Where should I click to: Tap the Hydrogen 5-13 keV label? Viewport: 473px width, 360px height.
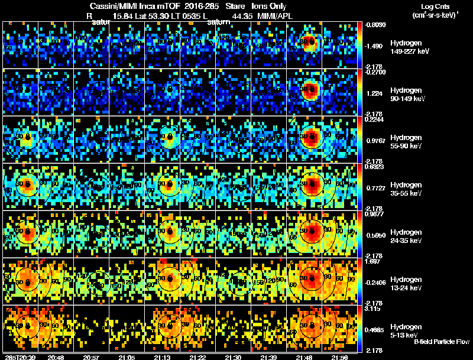(407, 331)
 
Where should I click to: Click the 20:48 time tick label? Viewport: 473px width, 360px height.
(56, 357)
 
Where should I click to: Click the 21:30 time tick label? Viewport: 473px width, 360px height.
(234, 357)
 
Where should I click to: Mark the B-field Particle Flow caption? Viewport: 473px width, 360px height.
(442, 342)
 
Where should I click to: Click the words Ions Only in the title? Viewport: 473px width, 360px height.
(269, 6)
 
